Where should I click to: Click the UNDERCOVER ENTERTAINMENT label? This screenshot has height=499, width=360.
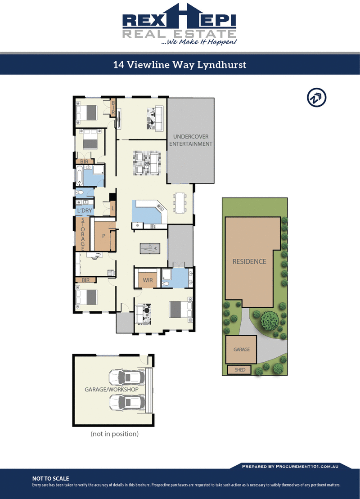click(x=190, y=140)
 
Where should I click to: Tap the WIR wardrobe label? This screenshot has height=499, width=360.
click(x=148, y=280)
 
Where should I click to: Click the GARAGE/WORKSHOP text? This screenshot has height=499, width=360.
click(x=111, y=390)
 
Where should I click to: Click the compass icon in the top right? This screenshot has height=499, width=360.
click(x=317, y=98)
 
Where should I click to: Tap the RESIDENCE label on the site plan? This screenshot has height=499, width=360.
click(x=249, y=261)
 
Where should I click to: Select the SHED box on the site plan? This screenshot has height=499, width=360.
click(x=239, y=370)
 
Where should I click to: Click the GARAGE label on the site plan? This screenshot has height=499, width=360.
click(x=241, y=349)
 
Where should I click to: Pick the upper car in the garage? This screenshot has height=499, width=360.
click(x=127, y=377)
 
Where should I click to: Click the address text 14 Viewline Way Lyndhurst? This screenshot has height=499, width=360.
click(x=180, y=65)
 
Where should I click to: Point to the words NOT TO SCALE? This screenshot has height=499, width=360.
click(x=50, y=478)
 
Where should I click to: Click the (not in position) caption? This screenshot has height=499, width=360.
click(x=114, y=434)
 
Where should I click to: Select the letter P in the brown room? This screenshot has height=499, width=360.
click(x=103, y=235)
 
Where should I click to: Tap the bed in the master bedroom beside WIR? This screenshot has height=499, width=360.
click(x=178, y=310)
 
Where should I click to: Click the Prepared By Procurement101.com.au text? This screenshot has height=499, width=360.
click(x=290, y=466)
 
